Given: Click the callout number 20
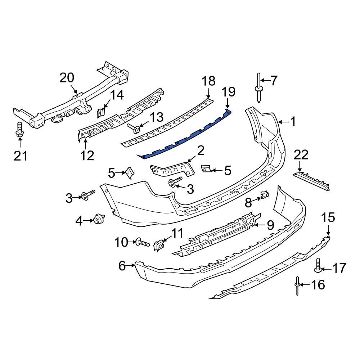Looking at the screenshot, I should [67, 77].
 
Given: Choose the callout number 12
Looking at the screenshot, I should [87, 155].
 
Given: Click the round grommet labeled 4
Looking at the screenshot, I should [98, 219].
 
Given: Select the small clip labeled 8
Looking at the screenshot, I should [264, 195].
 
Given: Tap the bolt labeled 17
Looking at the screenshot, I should [318, 265].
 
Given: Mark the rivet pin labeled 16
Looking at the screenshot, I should [297, 285].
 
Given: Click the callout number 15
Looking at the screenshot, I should [328, 218].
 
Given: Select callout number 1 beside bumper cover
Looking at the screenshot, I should [293, 122].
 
